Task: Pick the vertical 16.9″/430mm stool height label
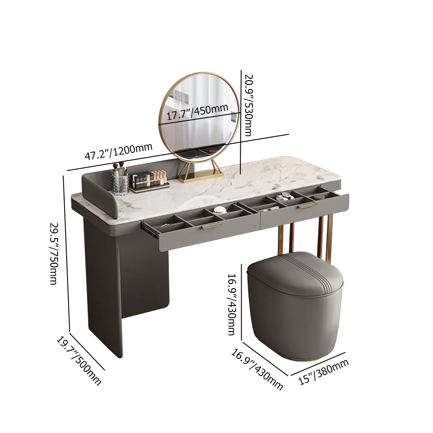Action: coord(232,302)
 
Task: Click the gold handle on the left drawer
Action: coord(212,225)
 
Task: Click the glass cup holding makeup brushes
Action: coord(120,185)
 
